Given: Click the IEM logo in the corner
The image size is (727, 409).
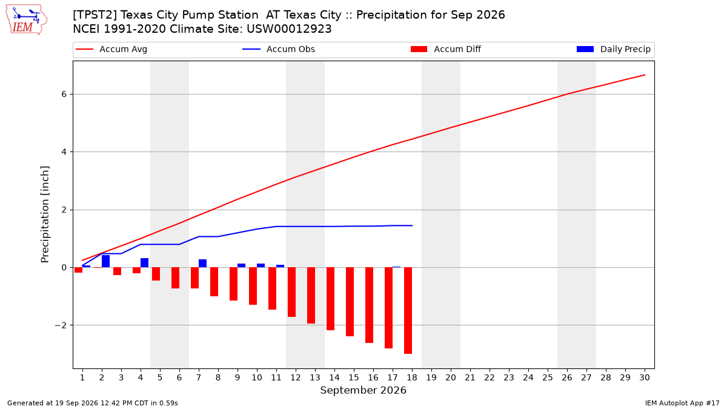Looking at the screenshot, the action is tap(27, 20).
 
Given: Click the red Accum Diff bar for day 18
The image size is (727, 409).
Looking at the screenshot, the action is tap(408, 311).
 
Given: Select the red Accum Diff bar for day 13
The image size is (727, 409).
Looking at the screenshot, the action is tap(311, 296).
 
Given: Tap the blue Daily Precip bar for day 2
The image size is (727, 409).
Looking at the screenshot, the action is tap(106, 261).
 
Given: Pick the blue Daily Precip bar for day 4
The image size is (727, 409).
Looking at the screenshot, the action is tap(144, 263).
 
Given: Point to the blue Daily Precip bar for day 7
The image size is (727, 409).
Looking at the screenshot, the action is tap(202, 264).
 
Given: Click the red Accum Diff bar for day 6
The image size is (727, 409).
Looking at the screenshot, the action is tap(175, 278).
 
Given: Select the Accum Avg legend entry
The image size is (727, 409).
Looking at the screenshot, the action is tap(111, 49).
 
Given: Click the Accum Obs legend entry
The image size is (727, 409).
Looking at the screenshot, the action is tap(279, 49).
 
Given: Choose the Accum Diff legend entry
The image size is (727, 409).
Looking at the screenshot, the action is tap(446, 49).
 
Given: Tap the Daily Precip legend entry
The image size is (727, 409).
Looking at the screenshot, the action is tap(613, 49).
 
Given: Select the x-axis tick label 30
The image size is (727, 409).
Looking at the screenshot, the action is tap(645, 377).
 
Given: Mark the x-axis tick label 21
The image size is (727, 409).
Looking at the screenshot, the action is tap(470, 377).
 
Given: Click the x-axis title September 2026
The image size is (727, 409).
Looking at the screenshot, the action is tap(363, 390).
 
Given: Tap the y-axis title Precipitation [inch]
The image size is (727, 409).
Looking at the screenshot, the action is tap(45, 214).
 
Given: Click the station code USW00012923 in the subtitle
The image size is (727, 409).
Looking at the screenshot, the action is tap(289, 29).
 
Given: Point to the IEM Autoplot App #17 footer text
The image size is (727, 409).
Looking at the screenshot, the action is tap(682, 403).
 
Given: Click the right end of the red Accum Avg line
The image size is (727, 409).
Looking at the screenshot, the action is tap(645, 75).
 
